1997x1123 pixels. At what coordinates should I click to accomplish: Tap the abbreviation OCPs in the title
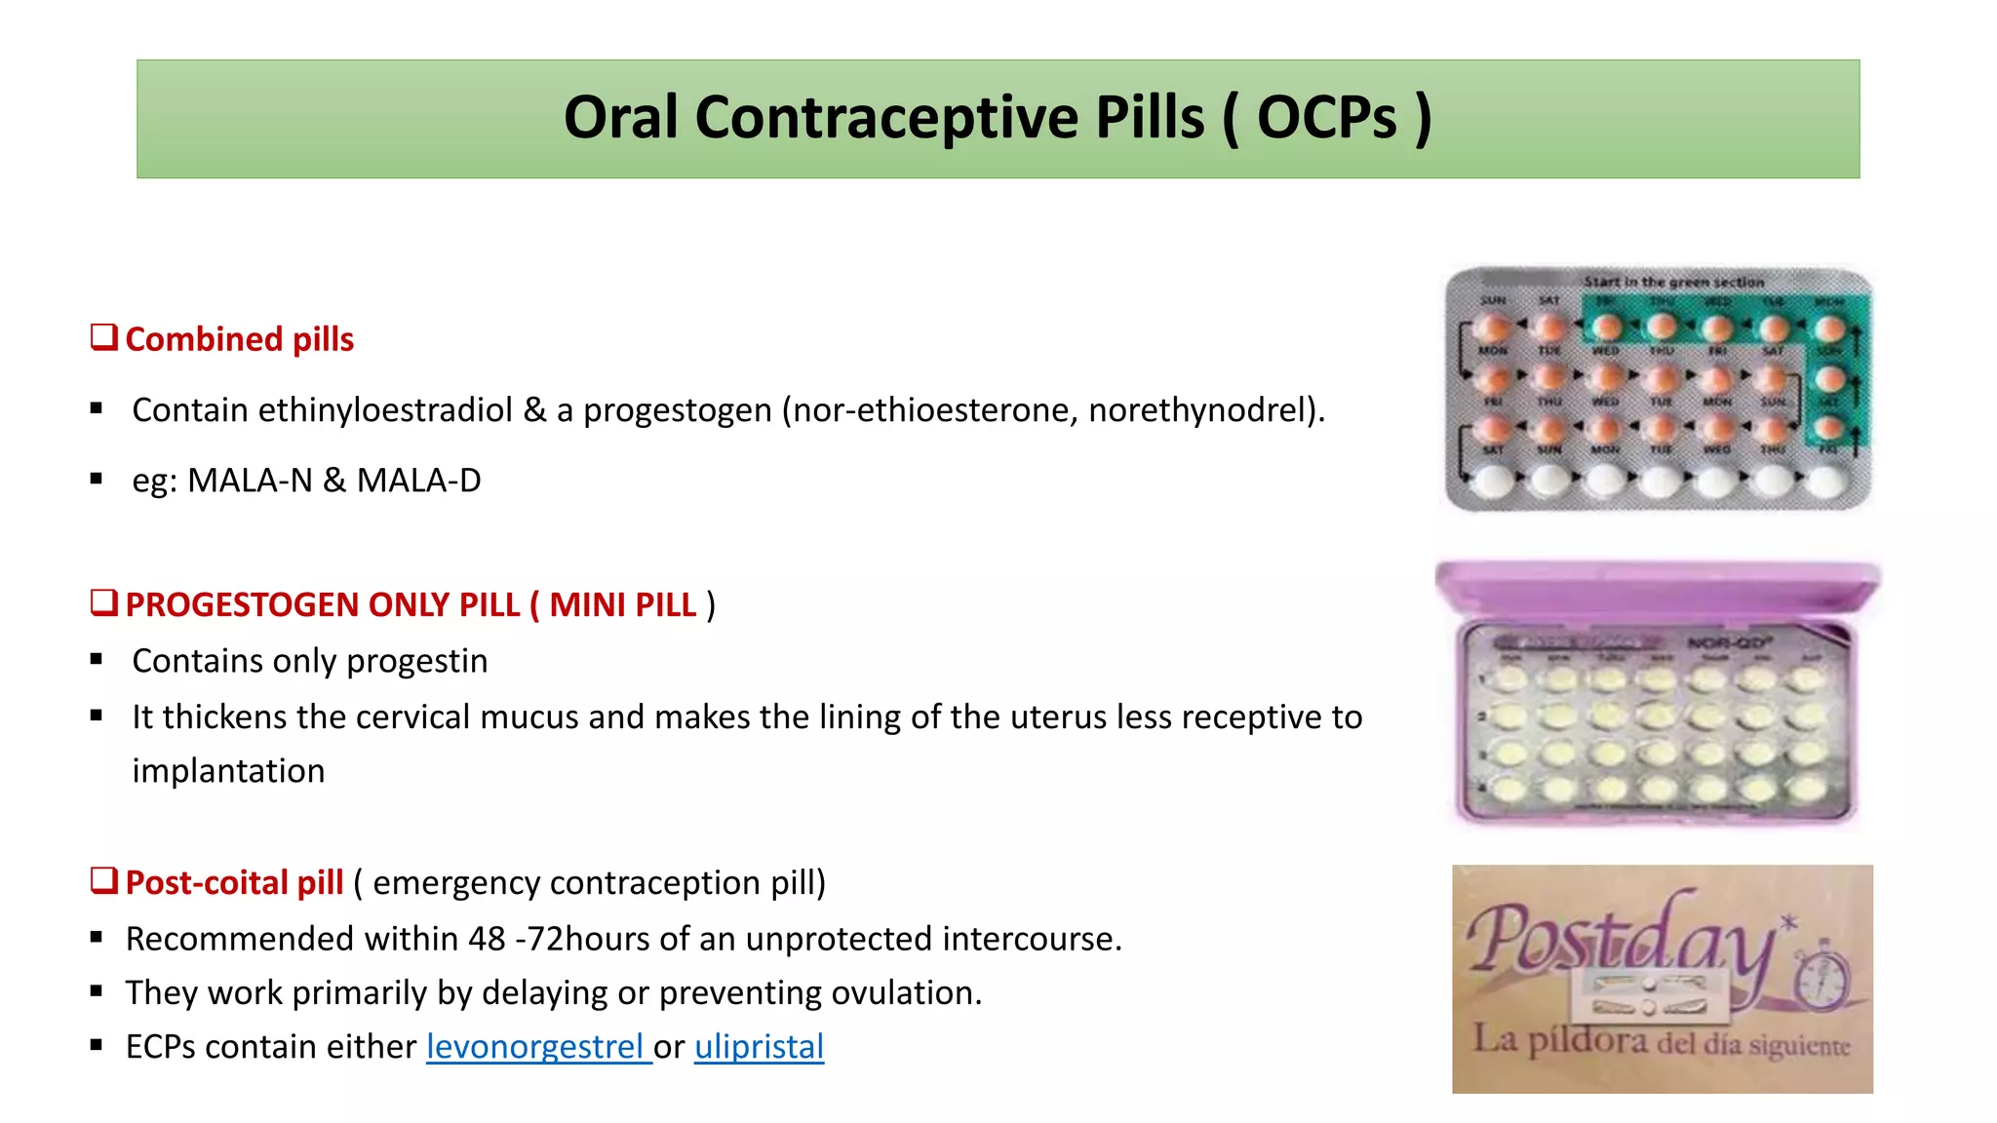click(1327, 118)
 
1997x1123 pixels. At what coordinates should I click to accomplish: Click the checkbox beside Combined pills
click(103, 337)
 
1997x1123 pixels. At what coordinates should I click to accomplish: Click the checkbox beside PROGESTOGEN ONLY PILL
click(103, 602)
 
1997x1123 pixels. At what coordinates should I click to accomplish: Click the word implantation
click(228, 771)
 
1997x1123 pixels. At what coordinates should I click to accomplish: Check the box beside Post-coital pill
click(103, 880)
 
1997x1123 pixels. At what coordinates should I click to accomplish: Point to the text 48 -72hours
click(561, 939)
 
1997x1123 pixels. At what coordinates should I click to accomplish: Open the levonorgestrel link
click(538, 1047)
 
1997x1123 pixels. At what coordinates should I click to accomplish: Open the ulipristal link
click(759, 1047)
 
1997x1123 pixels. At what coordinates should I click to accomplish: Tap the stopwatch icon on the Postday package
click(1822, 978)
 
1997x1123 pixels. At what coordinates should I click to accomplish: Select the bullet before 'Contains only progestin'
click(97, 660)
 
